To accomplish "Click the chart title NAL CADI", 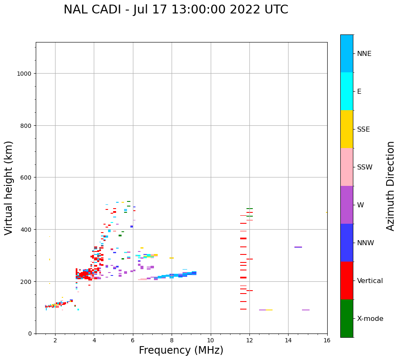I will pyautogui.click(x=176, y=10).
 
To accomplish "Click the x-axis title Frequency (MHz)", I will pyautogui.click(x=181, y=350).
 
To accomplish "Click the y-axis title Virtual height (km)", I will pyautogui.click(x=9, y=188).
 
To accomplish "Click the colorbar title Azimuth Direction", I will pyautogui.click(x=391, y=185).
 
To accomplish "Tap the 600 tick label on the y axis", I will pyautogui.click(x=27, y=177).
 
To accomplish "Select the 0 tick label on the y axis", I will pyautogui.click(x=29, y=334).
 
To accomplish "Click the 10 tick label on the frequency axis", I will pyautogui.click(x=210, y=341).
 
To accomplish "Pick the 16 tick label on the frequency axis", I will pyautogui.click(x=327, y=341).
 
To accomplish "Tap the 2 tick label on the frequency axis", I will pyautogui.click(x=55, y=341).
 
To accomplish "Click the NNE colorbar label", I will pyautogui.click(x=364, y=54).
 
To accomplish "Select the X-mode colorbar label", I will pyautogui.click(x=370, y=319).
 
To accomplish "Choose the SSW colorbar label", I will pyautogui.click(x=365, y=167).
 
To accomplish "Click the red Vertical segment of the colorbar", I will pyautogui.click(x=347, y=281).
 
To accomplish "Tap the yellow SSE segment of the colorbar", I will pyautogui.click(x=347, y=129).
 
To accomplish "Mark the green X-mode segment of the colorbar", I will pyautogui.click(x=347, y=318).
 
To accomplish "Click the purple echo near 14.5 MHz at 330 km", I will pyautogui.click(x=298, y=247).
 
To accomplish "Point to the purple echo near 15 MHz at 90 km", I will pyautogui.click(x=306, y=310).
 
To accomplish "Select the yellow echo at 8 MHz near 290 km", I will pyautogui.click(x=172, y=258).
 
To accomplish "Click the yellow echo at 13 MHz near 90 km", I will pyautogui.click(x=269, y=310).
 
